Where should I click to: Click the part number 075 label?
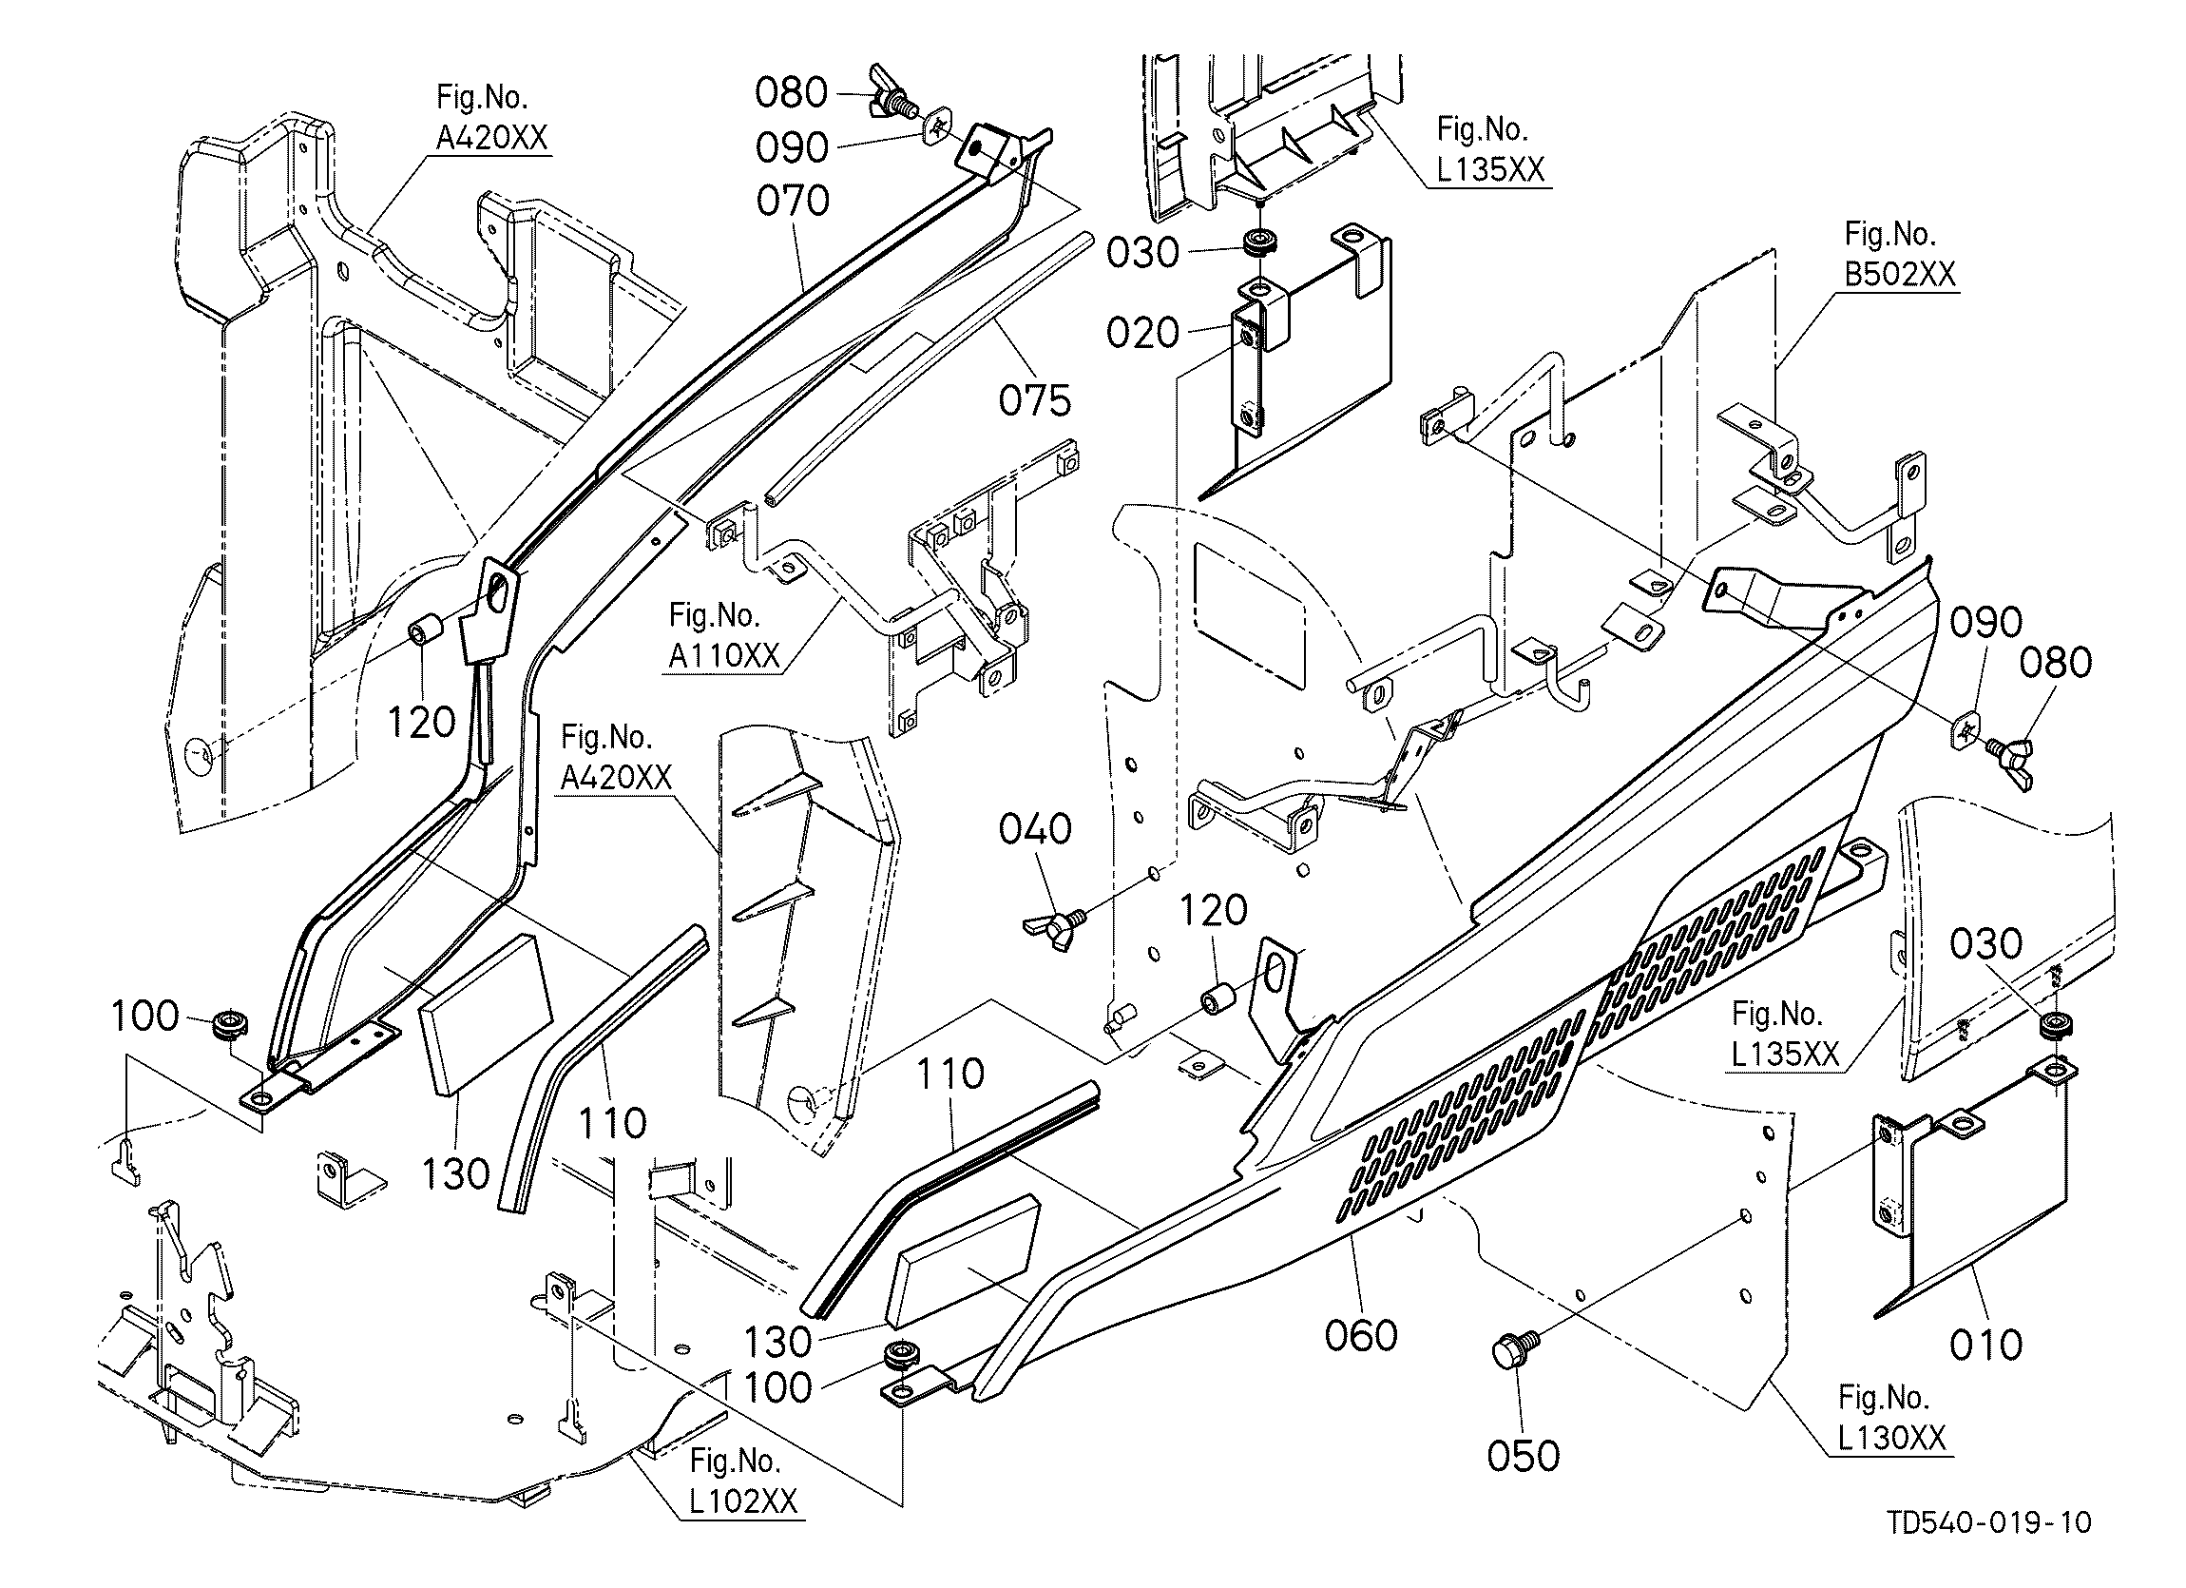(1035, 399)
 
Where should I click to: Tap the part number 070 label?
(793, 201)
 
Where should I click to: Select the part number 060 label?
(1361, 1335)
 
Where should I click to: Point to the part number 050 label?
(1523, 1456)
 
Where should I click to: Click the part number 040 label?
(1035, 828)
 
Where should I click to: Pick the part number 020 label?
(1143, 333)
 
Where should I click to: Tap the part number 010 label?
(1985, 1344)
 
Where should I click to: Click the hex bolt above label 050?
(1512, 1348)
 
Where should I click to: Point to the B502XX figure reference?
(1900, 275)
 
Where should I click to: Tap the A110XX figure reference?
(724, 655)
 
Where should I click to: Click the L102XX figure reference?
(744, 1501)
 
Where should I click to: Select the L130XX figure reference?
(1892, 1438)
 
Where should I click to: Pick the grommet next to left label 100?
(230, 1022)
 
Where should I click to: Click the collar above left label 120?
(425, 632)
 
